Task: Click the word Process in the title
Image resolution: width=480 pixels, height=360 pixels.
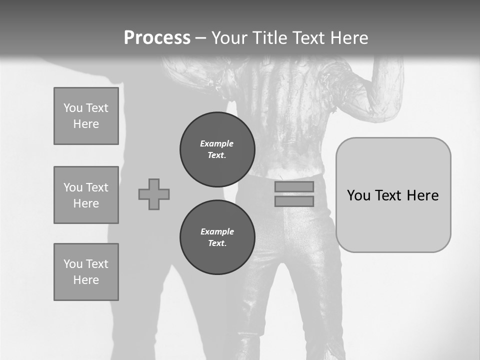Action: (x=157, y=38)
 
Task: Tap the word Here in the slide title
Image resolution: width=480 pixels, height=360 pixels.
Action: (x=348, y=38)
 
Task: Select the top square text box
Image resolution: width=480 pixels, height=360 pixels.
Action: (x=86, y=116)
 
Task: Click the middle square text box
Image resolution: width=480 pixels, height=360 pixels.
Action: (x=86, y=195)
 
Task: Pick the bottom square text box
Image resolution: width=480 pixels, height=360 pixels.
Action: (x=86, y=272)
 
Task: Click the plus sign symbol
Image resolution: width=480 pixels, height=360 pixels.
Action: (x=154, y=194)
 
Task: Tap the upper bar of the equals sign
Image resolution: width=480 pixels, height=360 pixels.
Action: (x=294, y=187)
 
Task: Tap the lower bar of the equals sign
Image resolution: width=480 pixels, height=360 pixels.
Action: (x=294, y=201)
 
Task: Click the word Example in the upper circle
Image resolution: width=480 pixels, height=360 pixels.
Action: (x=217, y=143)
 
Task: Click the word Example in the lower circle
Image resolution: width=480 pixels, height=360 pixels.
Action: (x=217, y=231)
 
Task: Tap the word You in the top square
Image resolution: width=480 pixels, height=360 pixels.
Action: (x=72, y=108)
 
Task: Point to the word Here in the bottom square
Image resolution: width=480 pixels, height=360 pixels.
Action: (x=86, y=280)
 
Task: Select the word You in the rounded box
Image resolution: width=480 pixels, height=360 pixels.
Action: (x=358, y=195)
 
